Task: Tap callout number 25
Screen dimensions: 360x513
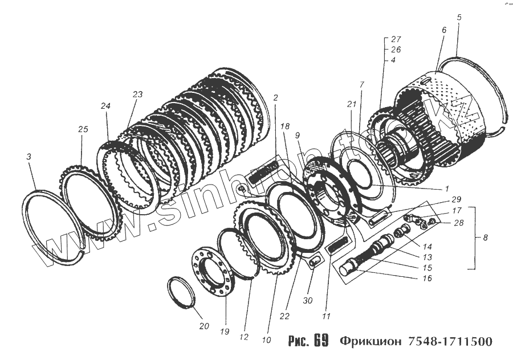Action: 83,130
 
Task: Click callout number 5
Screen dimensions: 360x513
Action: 459,17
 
